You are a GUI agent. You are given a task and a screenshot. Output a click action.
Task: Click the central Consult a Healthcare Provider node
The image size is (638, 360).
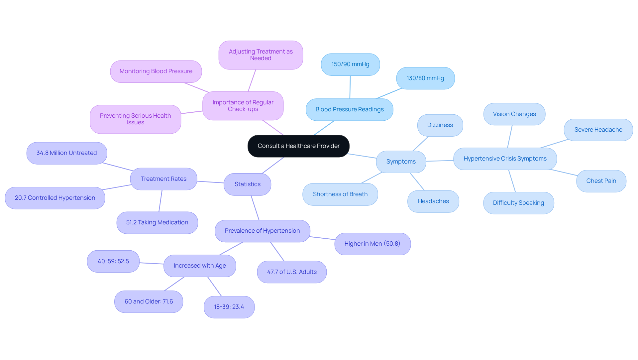click(x=298, y=146)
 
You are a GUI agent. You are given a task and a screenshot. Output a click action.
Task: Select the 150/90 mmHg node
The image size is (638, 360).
click(x=350, y=64)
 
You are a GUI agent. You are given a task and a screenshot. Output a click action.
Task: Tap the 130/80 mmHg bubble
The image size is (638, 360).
click(x=425, y=78)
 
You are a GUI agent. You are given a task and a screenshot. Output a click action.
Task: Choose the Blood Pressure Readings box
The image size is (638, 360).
click(x=349, y=109)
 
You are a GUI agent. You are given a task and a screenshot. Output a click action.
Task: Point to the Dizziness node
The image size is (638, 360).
click(x=440, y=125)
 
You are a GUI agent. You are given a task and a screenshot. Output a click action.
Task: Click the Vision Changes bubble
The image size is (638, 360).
click(x=514, y=114)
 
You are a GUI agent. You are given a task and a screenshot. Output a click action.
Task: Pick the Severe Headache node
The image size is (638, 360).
click(x=598, y=130)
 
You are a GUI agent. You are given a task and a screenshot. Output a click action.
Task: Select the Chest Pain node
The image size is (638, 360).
click(x=601, y=181)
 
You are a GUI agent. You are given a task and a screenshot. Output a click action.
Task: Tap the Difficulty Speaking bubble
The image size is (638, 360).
click(x=518, y=203)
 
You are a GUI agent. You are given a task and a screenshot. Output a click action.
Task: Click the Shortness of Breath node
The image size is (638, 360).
click(x=340, y=194)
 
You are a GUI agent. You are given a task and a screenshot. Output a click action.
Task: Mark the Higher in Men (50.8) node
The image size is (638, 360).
click(x=372, y=244)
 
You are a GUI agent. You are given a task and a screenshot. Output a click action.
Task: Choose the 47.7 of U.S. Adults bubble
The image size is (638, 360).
click(x=292, y=272)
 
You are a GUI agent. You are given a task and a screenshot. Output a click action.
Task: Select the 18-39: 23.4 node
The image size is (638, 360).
click(x=229, y=307)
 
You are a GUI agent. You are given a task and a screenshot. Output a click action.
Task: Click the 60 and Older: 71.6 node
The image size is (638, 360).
click(x=149, y=301)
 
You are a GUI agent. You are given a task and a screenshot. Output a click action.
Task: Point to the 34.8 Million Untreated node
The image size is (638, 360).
click(x=66, y=153)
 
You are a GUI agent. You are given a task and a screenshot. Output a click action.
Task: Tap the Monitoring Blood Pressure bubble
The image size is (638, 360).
click(x=156, y=71)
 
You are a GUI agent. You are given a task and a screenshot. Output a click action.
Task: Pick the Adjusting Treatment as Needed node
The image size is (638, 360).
click(x=261, y=55)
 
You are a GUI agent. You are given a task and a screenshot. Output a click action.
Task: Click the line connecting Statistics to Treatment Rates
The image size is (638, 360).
click(x=210, y=182)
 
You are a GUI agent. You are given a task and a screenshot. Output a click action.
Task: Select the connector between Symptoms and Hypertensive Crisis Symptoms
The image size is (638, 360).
click(x=440, y=161)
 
